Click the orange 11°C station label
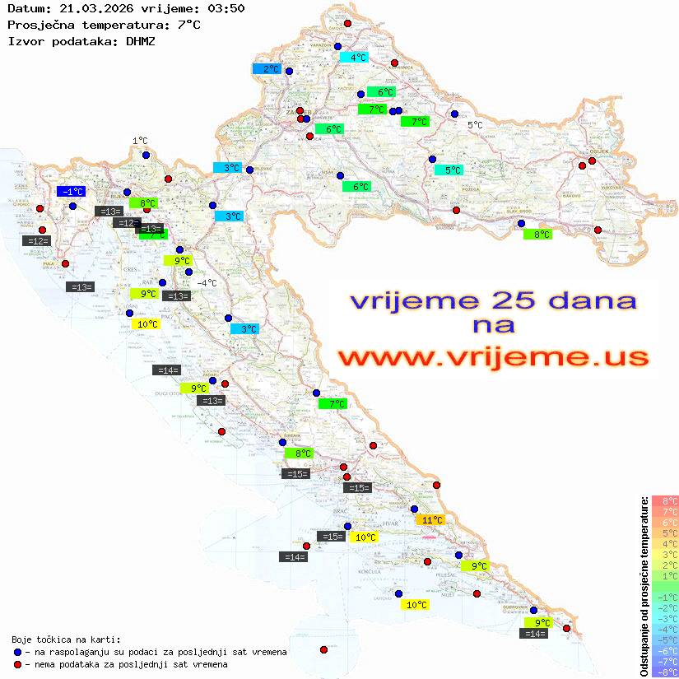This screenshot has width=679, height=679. tap(430, 520)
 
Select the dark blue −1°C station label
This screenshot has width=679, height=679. tap(72, 192)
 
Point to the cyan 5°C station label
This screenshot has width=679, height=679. tap(449, 170)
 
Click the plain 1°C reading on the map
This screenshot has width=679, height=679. tap(140, 141)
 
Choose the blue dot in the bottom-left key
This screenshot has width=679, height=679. tap(17, 652)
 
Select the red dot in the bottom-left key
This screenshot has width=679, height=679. tap(17, 664)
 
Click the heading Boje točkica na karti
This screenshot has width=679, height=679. tap(66, 639)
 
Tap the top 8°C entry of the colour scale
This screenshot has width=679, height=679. tap(665, 501)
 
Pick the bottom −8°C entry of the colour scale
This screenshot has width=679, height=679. tap(665, 672)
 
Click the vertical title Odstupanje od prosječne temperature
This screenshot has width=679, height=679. tap(644, 587)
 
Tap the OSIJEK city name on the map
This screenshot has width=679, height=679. tap(596, 151)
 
